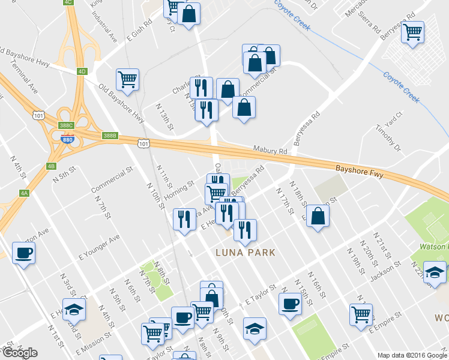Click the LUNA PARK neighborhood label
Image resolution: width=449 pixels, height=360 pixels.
(245, 253)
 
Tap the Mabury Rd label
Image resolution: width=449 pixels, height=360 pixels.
(267, 152)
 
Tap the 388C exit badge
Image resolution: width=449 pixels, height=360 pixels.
(67, 125)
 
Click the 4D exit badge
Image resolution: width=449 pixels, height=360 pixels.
(82, 71)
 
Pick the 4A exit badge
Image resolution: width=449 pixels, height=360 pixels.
(24, 193)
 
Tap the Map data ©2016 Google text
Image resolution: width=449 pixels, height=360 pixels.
(412, 355)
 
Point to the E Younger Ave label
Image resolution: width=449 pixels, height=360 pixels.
(99, 247)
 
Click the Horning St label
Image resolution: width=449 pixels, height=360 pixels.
(179, 188)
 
